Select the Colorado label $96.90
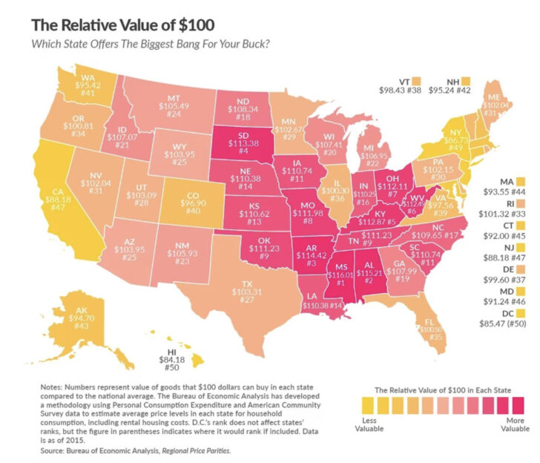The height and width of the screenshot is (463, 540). [187, 205]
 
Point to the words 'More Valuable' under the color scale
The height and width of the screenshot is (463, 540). [514, 427]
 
